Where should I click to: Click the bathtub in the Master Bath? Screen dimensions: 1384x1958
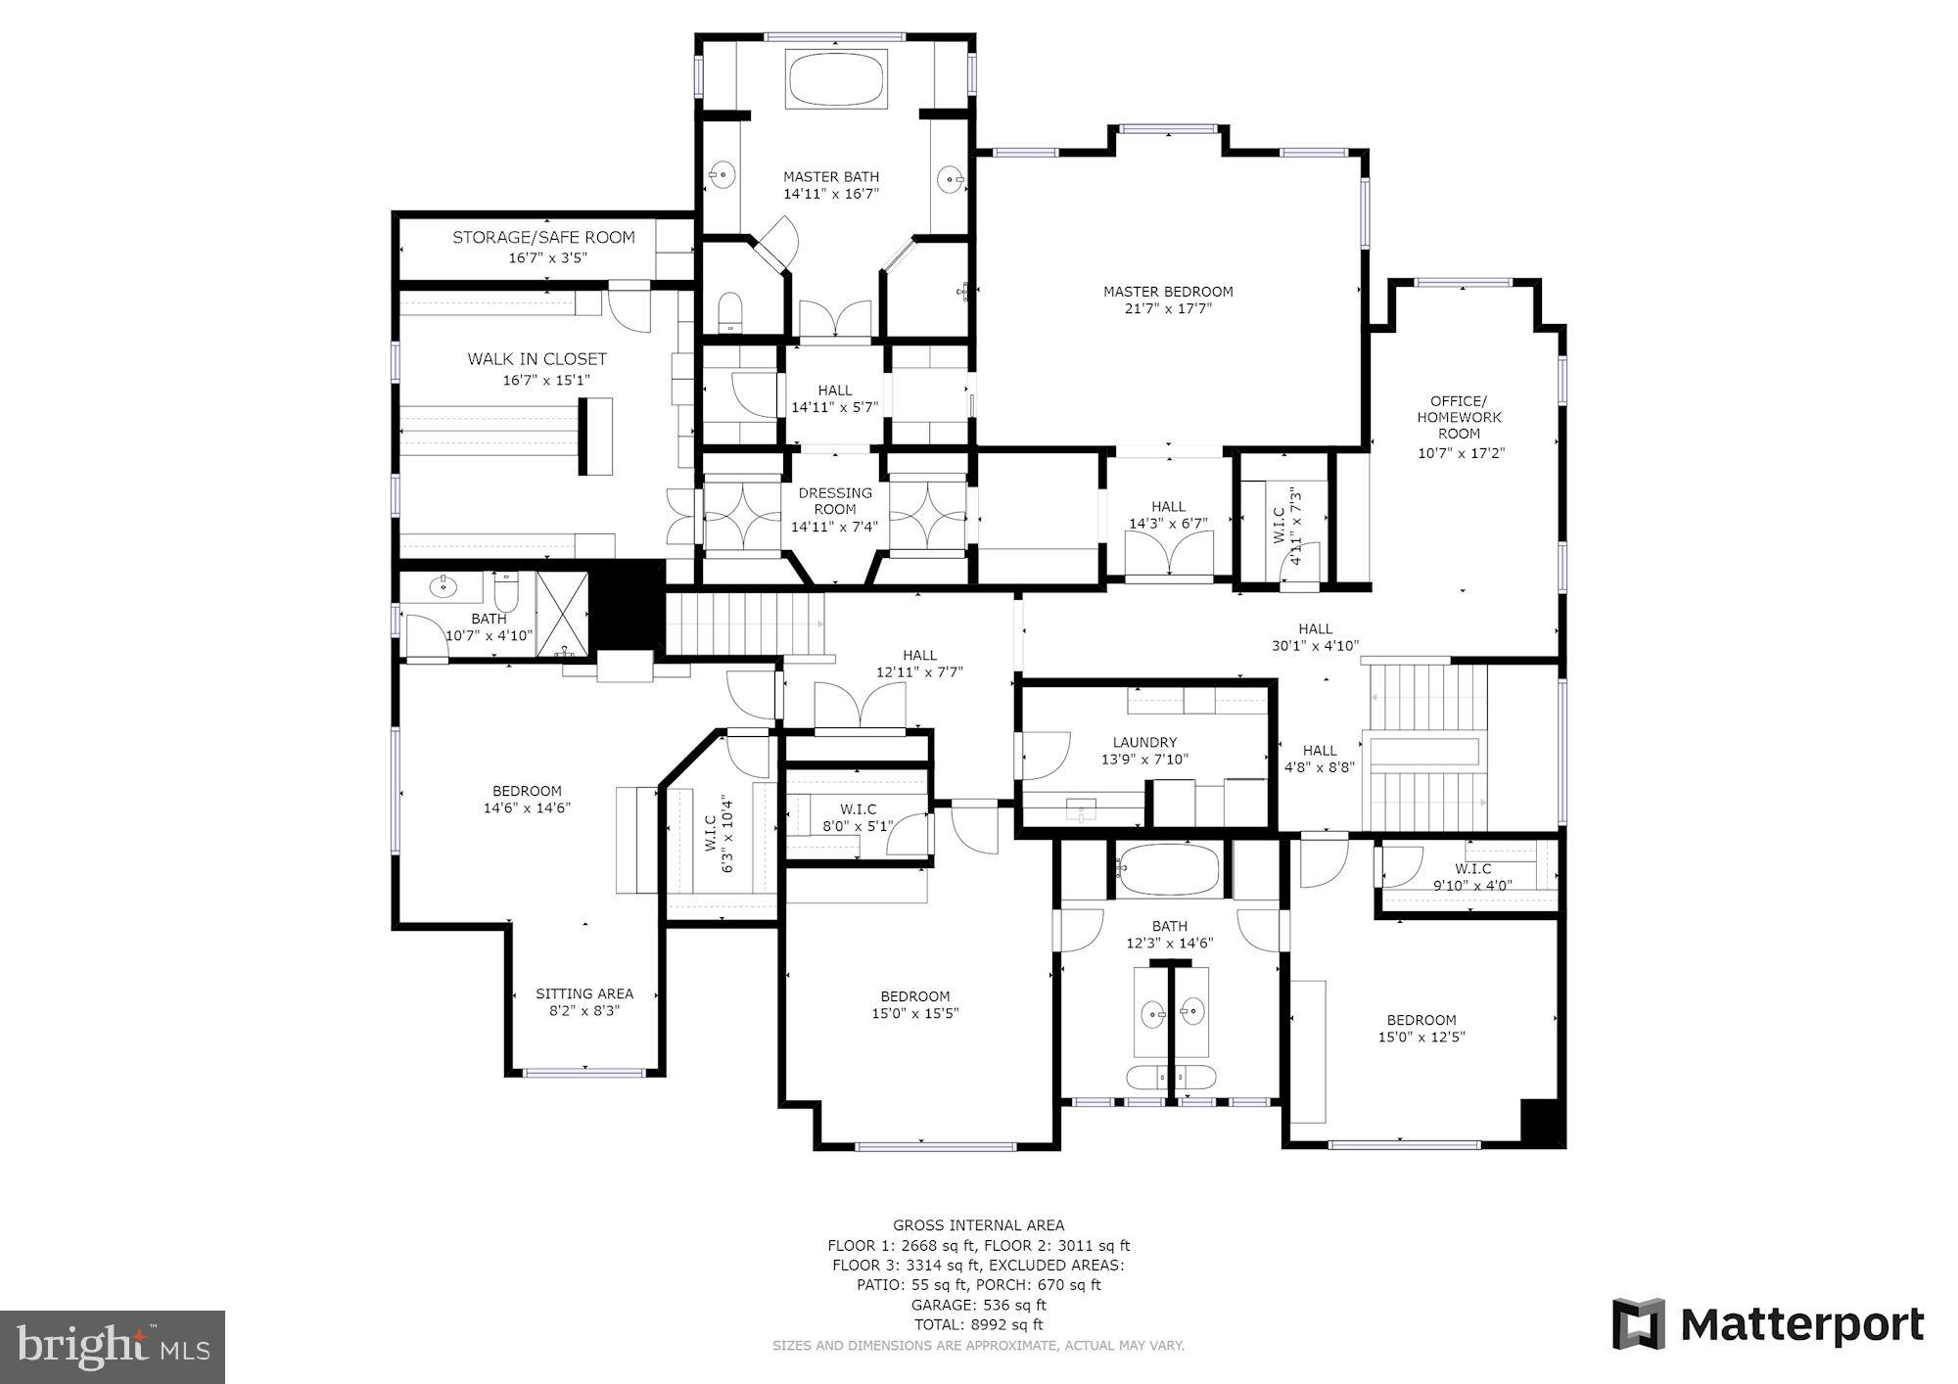coord(837,80)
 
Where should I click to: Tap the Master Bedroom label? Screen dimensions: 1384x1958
coord(1167,292)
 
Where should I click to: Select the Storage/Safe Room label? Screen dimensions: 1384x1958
coord(543,238)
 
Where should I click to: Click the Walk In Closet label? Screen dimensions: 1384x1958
coord(536,359)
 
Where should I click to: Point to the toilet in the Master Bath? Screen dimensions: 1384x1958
coord(730,310)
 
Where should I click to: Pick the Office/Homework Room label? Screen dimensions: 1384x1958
coord(1460,417)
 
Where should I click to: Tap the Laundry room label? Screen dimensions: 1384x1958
coord(1143,743)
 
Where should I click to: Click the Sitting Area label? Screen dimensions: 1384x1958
coord(584,993)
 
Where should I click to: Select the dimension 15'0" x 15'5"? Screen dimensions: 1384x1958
coord(914,1014)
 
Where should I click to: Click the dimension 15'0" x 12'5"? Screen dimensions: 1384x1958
coord(1422,1037)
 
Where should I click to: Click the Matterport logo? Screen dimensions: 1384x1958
coord(1768,1325)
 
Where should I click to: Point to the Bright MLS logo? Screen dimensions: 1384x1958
coord(113,1347)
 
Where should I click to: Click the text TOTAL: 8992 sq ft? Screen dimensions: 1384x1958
coord(978,1324)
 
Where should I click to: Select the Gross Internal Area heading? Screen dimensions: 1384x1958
coord(978,1225)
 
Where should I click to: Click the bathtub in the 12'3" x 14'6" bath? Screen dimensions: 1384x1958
coord(1170,870)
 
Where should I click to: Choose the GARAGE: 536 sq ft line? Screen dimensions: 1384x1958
coord(978,1305)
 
